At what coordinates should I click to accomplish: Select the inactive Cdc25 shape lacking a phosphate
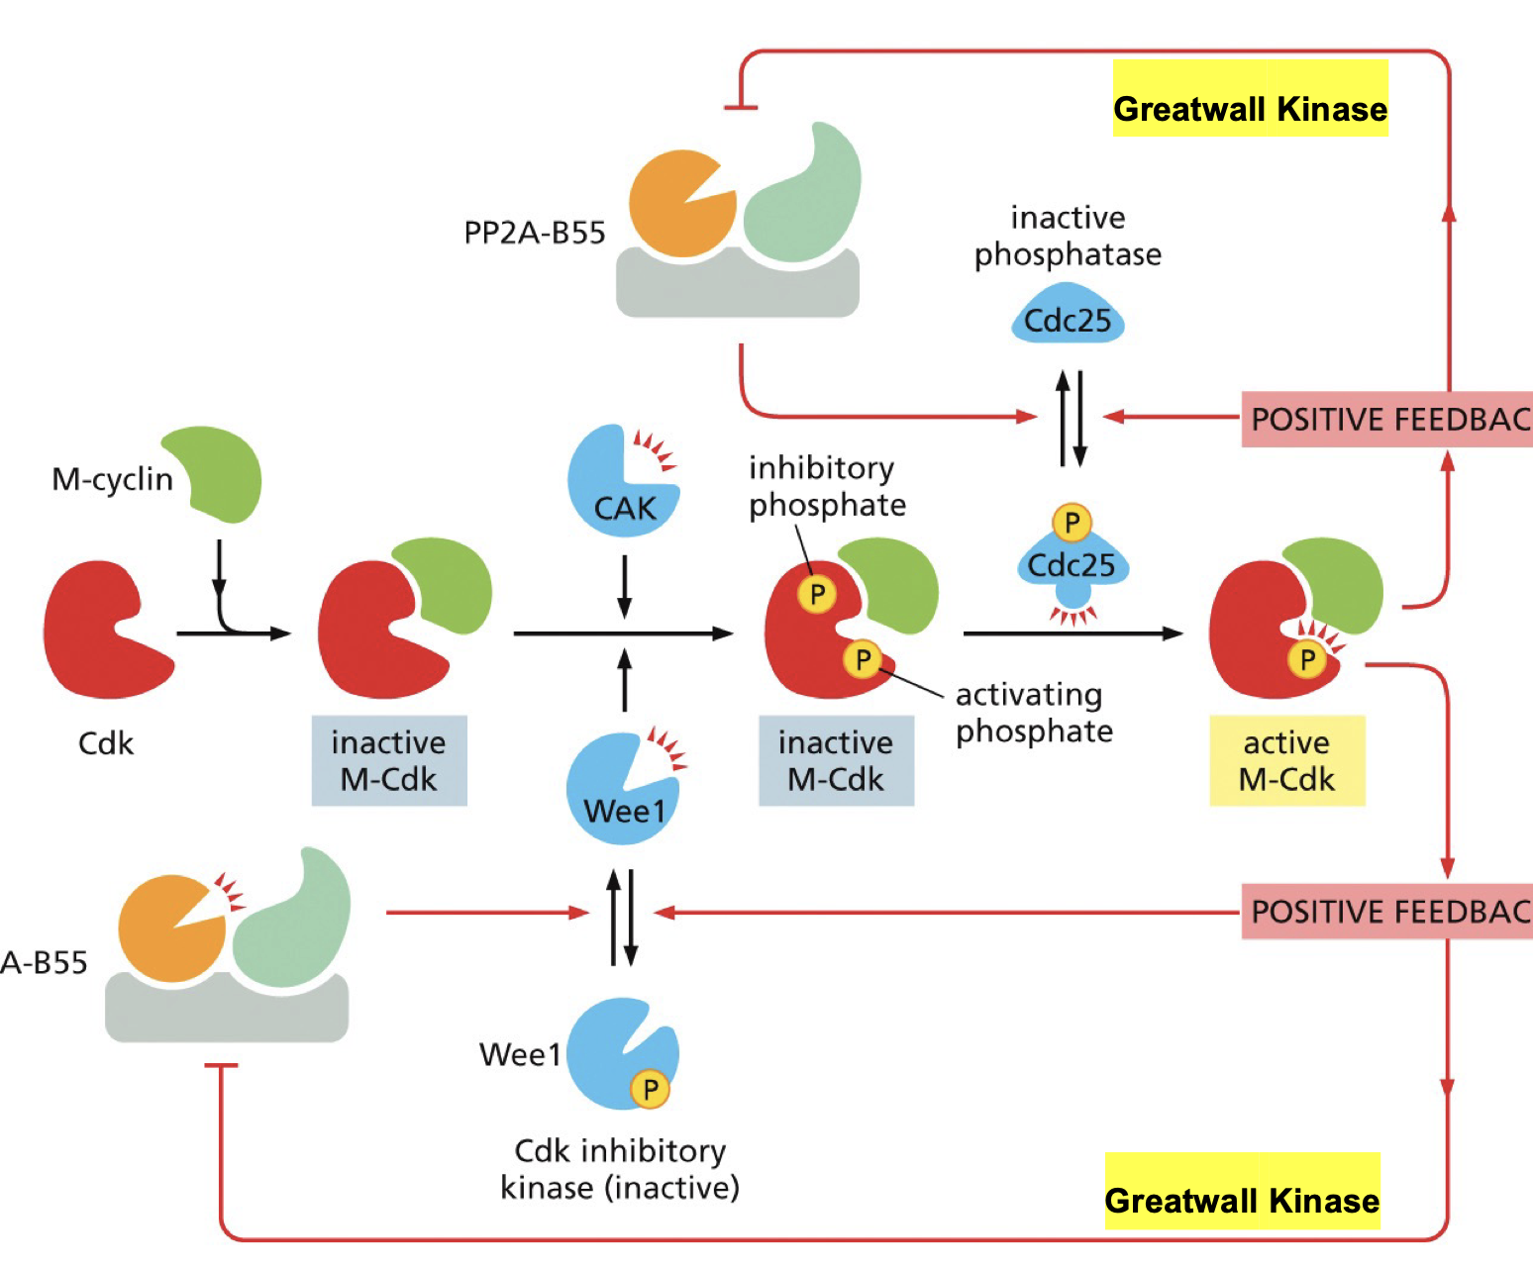[1068, 317]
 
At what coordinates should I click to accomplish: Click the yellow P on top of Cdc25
[1072, 522]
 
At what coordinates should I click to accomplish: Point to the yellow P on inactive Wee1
[650, 1089]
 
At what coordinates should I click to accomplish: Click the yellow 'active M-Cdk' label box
[1286, 760]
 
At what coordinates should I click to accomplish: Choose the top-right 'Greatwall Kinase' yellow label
[1250, 99]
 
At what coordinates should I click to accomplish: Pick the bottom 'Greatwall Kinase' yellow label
[1242, 1192]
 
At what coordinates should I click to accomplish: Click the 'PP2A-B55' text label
[535, 233]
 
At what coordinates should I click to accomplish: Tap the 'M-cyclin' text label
[112, 479]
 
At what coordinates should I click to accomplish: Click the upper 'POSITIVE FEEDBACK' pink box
[1386, 420]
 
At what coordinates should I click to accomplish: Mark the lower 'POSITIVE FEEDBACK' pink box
[1386, 911]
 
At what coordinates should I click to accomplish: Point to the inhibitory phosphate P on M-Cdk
[817, 594]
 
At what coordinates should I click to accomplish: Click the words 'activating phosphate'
[1034, 713]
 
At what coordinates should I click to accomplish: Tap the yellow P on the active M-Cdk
[1307, 659]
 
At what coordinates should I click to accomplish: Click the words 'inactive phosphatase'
[1068, 236]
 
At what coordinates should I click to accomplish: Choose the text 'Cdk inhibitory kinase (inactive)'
[620, 1169]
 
